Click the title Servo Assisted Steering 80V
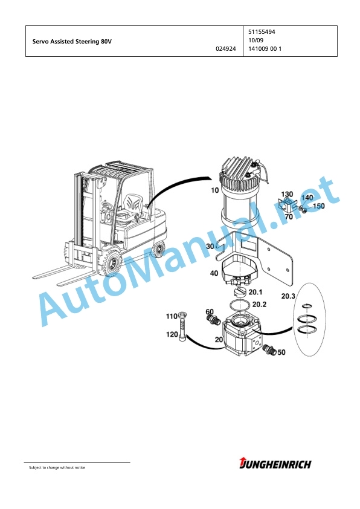tap(72, 42)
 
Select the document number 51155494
tap(262, 32)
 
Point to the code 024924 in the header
tap(226, 49)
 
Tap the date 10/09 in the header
tap(256, 41)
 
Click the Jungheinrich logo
tap(275, 464)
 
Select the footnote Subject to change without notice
tap(57, 468)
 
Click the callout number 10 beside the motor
tap(215, 190)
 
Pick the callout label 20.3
tap(288, 296)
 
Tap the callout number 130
tap(287, 194)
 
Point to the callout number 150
tap(318, 206)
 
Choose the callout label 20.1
tap(256, 292)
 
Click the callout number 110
tap(172, 316)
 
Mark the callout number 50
tap(281, 352)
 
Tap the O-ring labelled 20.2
tap(239, 306)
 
